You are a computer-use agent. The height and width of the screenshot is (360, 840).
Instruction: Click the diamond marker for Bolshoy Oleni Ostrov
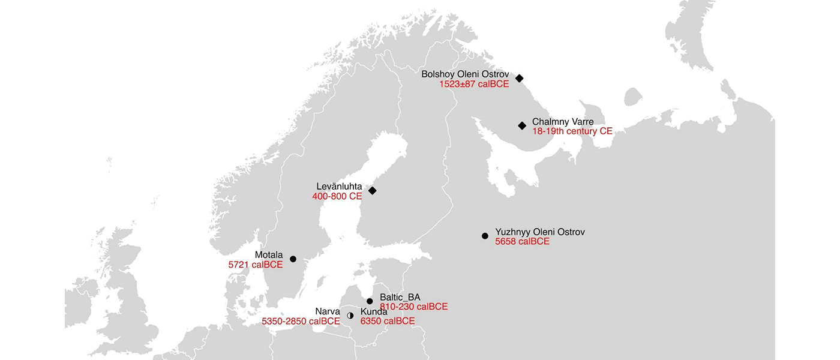520,78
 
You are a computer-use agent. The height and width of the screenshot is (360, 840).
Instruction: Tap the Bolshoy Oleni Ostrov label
465,74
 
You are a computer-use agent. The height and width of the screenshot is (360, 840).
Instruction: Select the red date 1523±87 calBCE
474,84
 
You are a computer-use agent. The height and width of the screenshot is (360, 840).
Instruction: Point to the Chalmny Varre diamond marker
522,125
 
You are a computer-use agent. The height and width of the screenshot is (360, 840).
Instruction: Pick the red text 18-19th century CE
572,131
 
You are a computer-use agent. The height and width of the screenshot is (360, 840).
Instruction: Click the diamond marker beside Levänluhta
372,191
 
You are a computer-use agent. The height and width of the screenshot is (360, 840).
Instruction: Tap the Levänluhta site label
339,187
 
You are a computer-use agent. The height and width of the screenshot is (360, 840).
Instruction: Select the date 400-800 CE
337,196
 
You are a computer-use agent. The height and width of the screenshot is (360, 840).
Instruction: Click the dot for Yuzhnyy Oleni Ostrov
485,236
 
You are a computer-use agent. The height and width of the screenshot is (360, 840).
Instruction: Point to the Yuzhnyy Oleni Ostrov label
539,232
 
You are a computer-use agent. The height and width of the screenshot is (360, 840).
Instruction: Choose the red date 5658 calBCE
522,241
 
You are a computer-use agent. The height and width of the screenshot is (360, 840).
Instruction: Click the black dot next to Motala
293,259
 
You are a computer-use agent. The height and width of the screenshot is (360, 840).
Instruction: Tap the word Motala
268,255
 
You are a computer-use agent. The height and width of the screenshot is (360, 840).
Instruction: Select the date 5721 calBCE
255,265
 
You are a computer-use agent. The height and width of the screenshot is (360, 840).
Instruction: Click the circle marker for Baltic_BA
370,301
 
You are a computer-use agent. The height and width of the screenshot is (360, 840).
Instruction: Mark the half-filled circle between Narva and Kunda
350,315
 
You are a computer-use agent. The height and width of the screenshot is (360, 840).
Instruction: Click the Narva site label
328,311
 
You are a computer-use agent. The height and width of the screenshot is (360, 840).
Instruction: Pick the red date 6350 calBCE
387,321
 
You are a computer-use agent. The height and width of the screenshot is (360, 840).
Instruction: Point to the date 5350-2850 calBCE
301,321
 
